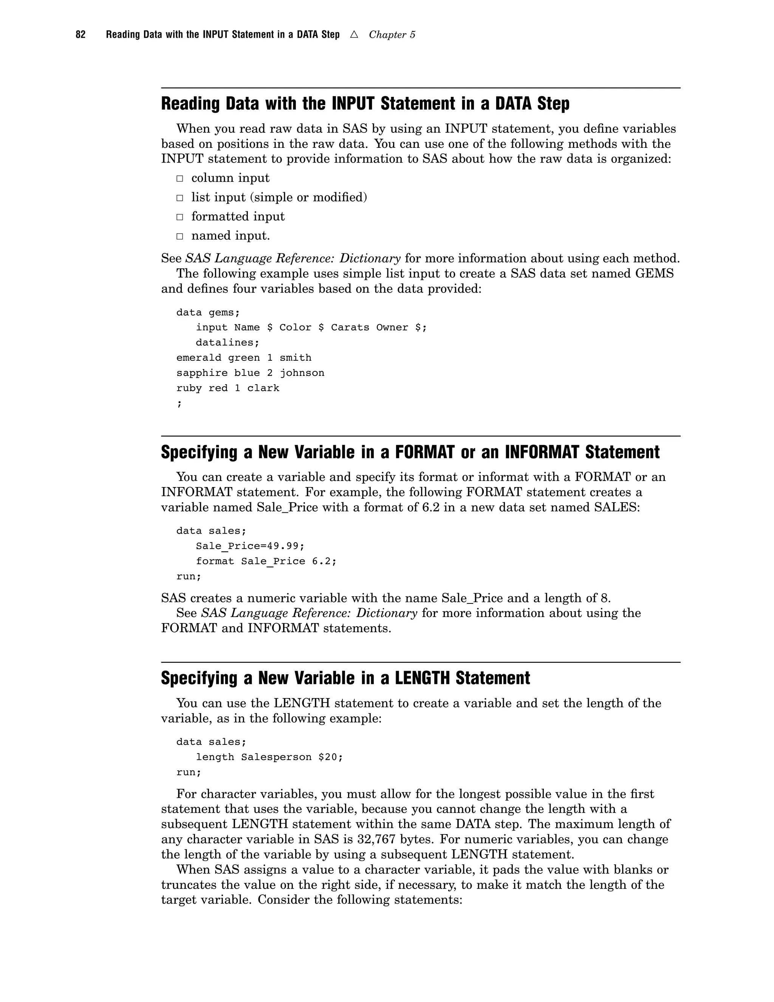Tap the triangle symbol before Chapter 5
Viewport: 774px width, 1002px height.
point(353,34)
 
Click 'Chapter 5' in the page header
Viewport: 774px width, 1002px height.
point(392,35)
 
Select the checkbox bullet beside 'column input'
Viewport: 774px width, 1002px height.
point(180,178)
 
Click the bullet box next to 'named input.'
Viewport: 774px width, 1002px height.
point(180,236)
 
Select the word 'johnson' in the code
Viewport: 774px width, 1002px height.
point(302,373)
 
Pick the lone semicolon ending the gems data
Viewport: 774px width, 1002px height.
point(179,404)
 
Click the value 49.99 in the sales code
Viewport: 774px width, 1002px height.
point(285,546)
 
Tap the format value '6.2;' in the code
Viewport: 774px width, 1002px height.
point(324,561)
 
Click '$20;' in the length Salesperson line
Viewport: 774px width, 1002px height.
point(331,757)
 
